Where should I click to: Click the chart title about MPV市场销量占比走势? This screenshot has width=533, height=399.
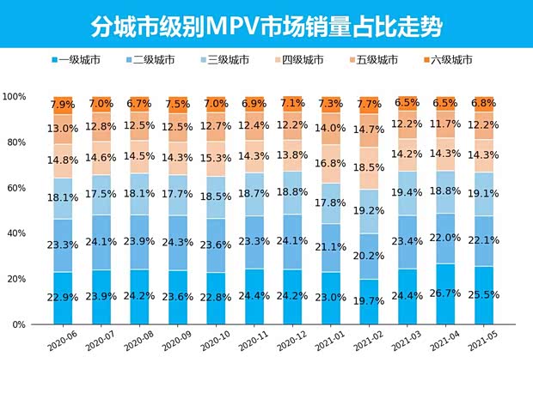pos(266,26)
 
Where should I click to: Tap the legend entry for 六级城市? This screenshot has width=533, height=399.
pos(445,59)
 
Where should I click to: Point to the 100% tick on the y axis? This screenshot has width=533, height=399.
pos(15,97)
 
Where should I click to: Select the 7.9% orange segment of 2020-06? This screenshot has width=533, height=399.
pos(64,106)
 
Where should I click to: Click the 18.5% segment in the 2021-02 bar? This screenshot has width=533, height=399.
pos(369,167)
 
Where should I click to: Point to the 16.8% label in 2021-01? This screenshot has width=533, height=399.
pos(331,163)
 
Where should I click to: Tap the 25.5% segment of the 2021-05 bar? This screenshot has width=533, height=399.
pos(482,295)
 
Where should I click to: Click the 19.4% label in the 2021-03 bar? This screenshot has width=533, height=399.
pos(407,193)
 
